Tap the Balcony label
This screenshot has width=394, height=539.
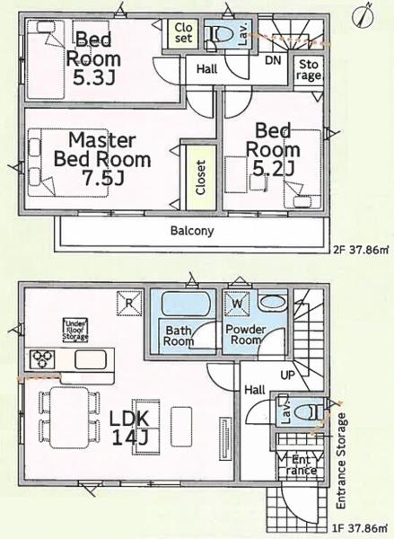click(x=192, y=231)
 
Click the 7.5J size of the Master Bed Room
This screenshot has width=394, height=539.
click(x=102, y=178)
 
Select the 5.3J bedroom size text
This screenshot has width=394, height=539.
click(x=93, y=78)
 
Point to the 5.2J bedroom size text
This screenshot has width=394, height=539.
click(x=273, y=169)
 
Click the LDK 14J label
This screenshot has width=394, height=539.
click(x=129, y=428)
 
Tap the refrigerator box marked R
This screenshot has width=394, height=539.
click(x=129, y=304)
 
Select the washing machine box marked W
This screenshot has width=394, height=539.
click(x=237, y=304)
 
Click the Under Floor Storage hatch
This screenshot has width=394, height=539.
click(x=75, y=331)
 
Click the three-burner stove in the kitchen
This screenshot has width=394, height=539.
click(x=42, y=358)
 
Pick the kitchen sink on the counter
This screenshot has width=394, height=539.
click(x=91, y=359)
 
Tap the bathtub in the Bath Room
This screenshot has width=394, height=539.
click(x=185, y=304)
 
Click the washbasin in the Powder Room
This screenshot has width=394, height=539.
click(x=273, y=303)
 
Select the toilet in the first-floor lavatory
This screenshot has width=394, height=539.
click(x=310, y=411)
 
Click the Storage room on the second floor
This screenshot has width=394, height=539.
click(x=309, y=71)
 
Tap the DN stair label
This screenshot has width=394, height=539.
click(x=273, y=61)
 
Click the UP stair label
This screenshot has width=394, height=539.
click(x=288, y=375)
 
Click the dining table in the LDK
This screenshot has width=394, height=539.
click(x=70, y=418)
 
